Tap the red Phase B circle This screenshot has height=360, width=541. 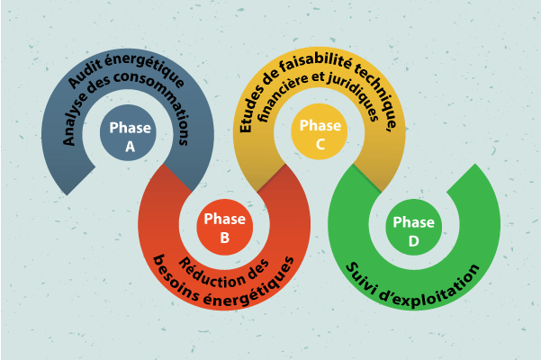coord(224,228)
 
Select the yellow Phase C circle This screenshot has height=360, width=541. coord(320,134)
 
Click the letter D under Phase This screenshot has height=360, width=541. coord(413,240)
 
